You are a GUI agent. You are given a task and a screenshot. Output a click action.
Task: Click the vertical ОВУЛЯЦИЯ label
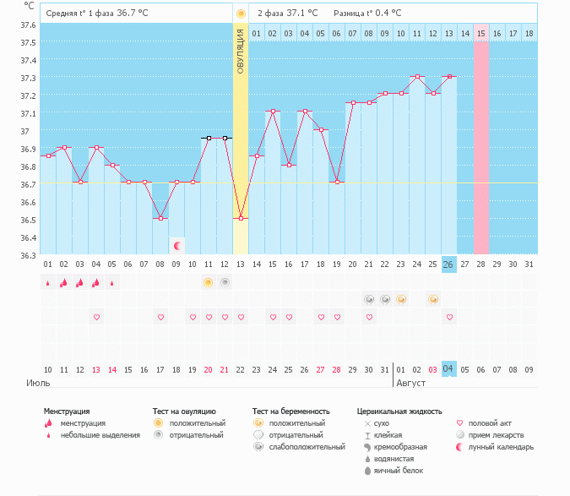[x=241, y=52]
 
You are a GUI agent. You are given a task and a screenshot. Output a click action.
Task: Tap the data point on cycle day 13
[x=241, y=218]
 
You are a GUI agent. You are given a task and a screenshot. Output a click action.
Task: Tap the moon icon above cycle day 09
[x=177, y=246]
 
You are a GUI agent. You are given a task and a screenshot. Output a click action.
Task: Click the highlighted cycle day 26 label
[x=449, y=264]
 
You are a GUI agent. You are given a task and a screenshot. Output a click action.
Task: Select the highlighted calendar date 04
[x=449, y=368]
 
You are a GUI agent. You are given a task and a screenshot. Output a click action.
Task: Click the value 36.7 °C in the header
[x=137, y=14]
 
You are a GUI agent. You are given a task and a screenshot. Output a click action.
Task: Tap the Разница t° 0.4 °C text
[x=367, y=14]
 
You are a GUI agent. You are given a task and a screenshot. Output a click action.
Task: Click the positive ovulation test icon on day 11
[x=208, y=282]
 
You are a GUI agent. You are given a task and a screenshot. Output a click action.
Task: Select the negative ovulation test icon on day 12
[x=225, y=282]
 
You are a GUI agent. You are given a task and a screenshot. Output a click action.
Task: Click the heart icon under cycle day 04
[x=96, y=317]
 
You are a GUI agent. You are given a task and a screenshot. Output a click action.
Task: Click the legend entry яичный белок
[x=392, y=470]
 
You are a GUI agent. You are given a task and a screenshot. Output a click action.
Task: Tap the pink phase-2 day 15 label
[x=481, y=33]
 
